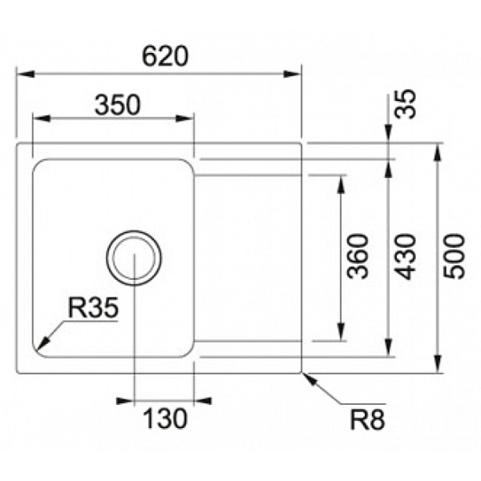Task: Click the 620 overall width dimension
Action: [x=164, y=56]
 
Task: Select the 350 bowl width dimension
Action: [x=118, y=105]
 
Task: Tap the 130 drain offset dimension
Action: [x=164, y=418]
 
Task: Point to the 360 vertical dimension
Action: [x=358, y=257]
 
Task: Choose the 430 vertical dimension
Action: [x=405, y=257]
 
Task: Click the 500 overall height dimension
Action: [x=455, y=257]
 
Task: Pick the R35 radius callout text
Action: [x=93, y=308]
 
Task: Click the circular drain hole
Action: [x=134, y=257]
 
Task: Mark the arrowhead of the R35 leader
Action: [x=42, y=344]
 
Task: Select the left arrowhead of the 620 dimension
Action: [x=25, y=75]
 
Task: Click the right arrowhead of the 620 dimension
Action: [x=292, y=75]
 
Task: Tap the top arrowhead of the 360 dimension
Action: [x=341, y=184]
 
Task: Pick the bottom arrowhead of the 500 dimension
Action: [x=438, y=364]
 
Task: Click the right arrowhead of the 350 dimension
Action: [x=184, y=119]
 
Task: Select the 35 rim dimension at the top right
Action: [x=405, y=103]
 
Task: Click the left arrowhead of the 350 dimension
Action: [x=42, y=119]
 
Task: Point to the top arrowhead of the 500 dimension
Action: [x=438, y=152]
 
